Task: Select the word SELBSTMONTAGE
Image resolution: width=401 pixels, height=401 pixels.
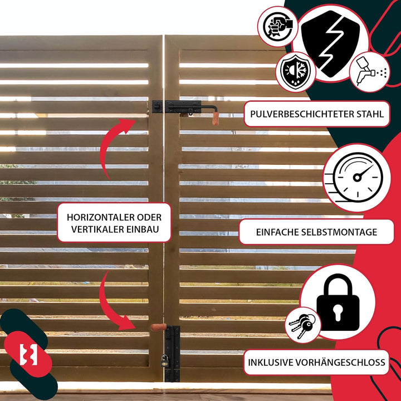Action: click(339, 232)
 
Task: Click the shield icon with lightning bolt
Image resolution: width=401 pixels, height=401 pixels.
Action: click(330, 43)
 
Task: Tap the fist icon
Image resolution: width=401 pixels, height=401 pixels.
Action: click(278, 26)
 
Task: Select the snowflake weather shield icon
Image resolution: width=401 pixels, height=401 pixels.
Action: click(295, 72)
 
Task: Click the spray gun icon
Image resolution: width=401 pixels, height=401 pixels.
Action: click(370, 72)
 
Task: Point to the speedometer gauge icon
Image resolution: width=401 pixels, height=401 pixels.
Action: click(357, 178)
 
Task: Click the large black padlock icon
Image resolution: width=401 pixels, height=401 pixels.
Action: click(338, 302)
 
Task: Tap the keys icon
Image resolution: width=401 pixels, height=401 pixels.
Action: click(302, 325)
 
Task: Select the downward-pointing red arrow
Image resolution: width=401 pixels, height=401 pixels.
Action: click(113, 302)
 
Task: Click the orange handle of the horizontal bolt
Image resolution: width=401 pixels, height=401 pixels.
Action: click(216, 119)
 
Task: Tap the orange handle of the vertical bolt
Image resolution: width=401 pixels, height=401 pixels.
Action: click(159, 327)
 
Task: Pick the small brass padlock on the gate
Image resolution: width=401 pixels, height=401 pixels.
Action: click(165, 360)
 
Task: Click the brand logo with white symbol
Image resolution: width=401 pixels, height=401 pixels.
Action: click(28, 354)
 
